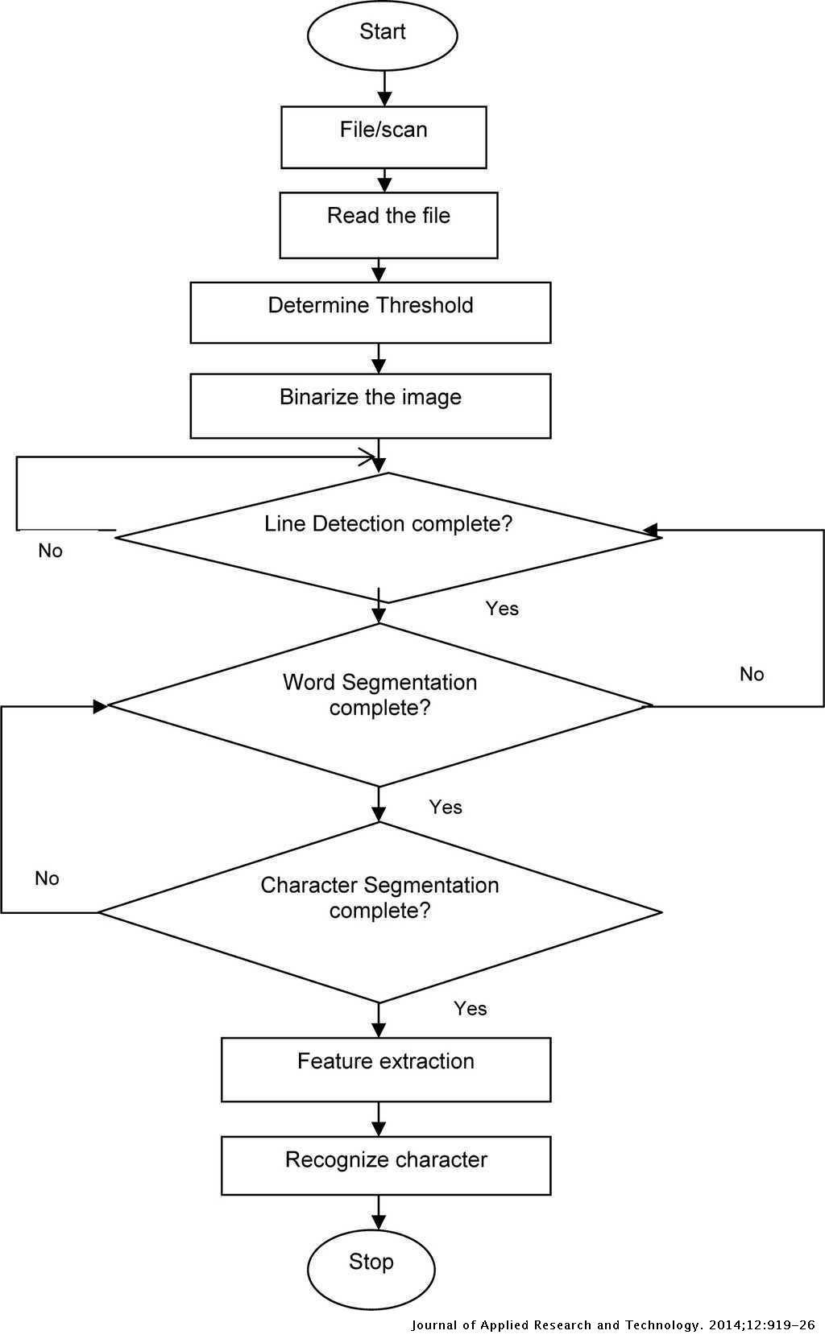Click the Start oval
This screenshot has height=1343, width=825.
[383, 35]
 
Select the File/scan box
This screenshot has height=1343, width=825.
[383, 138]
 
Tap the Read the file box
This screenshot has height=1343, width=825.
[388, 225]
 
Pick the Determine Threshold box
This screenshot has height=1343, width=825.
[371, 312]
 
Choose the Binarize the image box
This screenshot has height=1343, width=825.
[371, 406]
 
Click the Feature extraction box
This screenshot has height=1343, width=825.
[386, 1069]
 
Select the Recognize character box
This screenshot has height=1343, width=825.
[386, 1165]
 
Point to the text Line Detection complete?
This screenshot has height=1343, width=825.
[388, 524]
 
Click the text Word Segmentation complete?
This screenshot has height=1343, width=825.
[379, 695]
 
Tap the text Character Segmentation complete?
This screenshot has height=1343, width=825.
[379, 898]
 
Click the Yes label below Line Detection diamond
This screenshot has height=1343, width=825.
[502, 609]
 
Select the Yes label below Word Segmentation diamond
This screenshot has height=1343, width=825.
[446, 808]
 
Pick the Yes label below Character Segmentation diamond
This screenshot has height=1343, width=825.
[470, 1009]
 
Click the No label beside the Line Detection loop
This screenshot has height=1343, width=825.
[50, 551]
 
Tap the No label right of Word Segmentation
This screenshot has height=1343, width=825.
[752, 675]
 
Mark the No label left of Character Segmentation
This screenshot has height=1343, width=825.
[47, 878]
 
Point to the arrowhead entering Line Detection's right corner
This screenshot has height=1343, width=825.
[651, 530]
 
